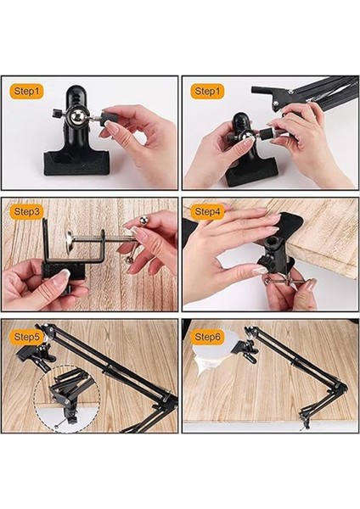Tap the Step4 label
(207, 212)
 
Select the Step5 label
(27, 337)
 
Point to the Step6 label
(207, 337)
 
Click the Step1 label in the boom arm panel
(207, 91)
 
